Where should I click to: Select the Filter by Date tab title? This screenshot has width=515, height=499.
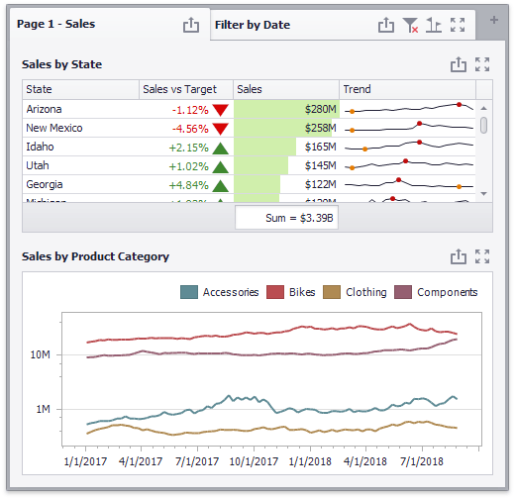253,25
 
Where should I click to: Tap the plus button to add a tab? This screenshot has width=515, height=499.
494,20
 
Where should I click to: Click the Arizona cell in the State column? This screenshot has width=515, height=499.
45,109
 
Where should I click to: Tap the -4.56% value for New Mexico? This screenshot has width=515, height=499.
189,128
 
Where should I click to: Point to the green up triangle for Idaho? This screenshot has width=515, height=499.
221,147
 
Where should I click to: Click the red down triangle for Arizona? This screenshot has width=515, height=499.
221,109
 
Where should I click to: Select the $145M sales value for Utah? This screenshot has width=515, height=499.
319,165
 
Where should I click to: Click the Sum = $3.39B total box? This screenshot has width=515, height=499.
286,217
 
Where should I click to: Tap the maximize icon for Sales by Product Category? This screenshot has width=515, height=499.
482,256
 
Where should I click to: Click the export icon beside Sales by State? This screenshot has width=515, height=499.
458,64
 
